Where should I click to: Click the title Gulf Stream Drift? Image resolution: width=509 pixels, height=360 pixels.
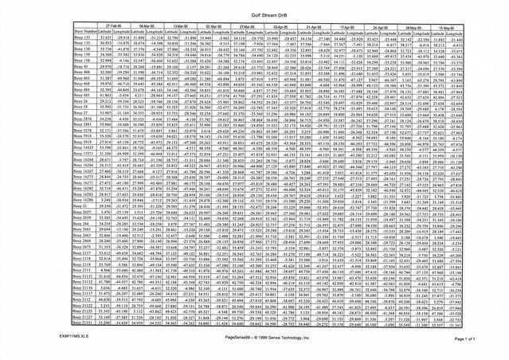pyautogui.click(x=254, y=15)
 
